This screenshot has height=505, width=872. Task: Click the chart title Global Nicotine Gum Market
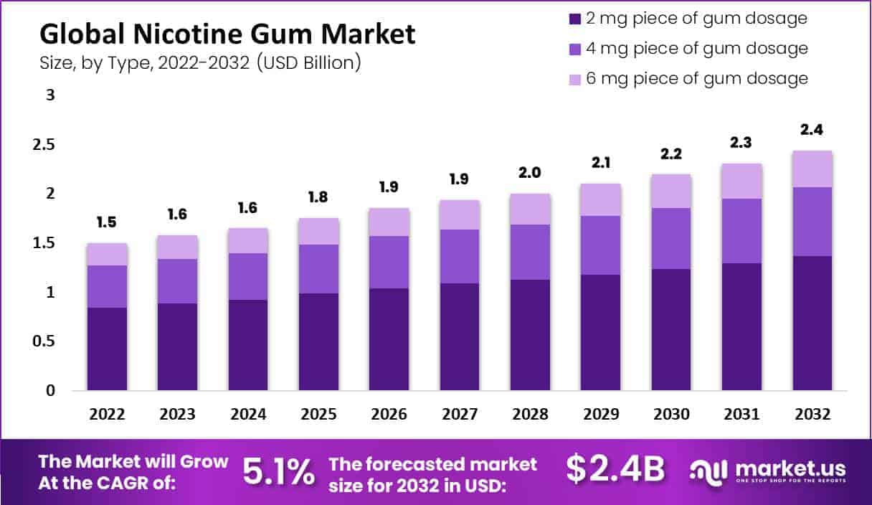(227, 34)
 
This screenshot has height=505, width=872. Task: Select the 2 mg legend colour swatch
(574, 19)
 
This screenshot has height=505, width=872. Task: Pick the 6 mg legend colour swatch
(574, 78)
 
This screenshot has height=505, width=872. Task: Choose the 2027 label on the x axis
(460, 414)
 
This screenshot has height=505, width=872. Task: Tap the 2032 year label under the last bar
(812, 414)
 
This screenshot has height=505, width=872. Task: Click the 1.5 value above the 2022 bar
(107, 223)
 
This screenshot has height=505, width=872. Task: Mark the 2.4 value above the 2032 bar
(812, 131)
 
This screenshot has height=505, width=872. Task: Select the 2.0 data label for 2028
(531, 173)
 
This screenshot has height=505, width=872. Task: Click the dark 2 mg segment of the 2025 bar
(318, 341)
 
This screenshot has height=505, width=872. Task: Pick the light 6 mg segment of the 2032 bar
(812, 169)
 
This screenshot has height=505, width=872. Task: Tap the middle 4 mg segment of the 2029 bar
(601, 245)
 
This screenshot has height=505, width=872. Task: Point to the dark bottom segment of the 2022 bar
(107, 349)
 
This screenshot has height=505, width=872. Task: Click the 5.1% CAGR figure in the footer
(278, 471)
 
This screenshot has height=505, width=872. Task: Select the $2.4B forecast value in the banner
(615, 469)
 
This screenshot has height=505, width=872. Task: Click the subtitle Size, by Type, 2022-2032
(200, 63)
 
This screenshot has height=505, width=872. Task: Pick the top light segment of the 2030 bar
(671, 191)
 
